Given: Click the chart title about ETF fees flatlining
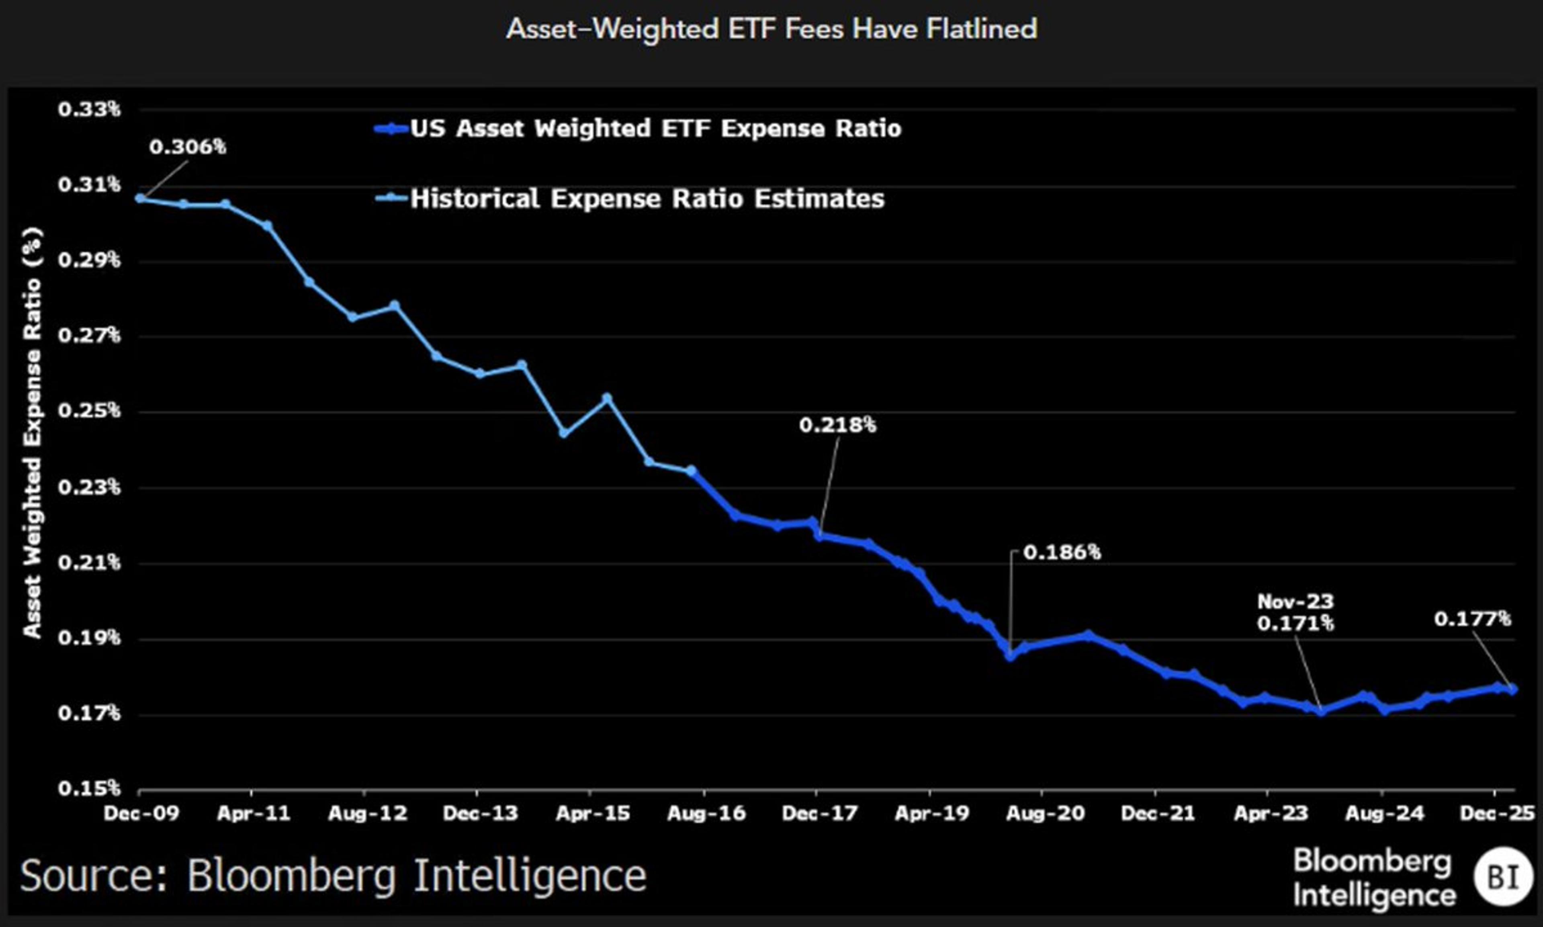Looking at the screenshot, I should pyautogui.click(x=771, y=29).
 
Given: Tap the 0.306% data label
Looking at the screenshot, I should pyautogui.click(x=187, y=147).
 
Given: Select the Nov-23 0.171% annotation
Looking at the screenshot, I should pyautogui.click(x=1295, y=612).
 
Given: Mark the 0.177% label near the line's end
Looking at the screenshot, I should pyautogui.click(x=1472, y=619).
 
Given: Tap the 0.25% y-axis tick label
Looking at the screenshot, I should pyautogui.click(x=89, y=411).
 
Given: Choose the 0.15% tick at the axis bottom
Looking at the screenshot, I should pyautogui.click(x=89, y=788).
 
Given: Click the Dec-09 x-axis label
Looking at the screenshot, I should pyautogui.click(x=141, y=813).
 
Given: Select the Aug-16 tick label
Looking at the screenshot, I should pyautogui.click(x=706, y=813).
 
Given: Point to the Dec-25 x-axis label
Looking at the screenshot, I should pyautogui.click(x=1496, y=813).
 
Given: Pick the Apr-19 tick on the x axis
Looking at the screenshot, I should pyautogui.click(x=931, y=813).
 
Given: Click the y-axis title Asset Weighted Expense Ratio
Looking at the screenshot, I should pyautogui.click(x=33, y=432).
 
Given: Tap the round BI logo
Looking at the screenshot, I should pyautogui.click(x=1503, y=877).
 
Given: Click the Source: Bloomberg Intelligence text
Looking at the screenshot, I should pyautogui.click(x=333, y=876).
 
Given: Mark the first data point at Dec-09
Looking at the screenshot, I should pyautogui.click(x=141, y=198).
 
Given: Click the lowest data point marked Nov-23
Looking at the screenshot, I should pyautogui.click(x=1321, y=711).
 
